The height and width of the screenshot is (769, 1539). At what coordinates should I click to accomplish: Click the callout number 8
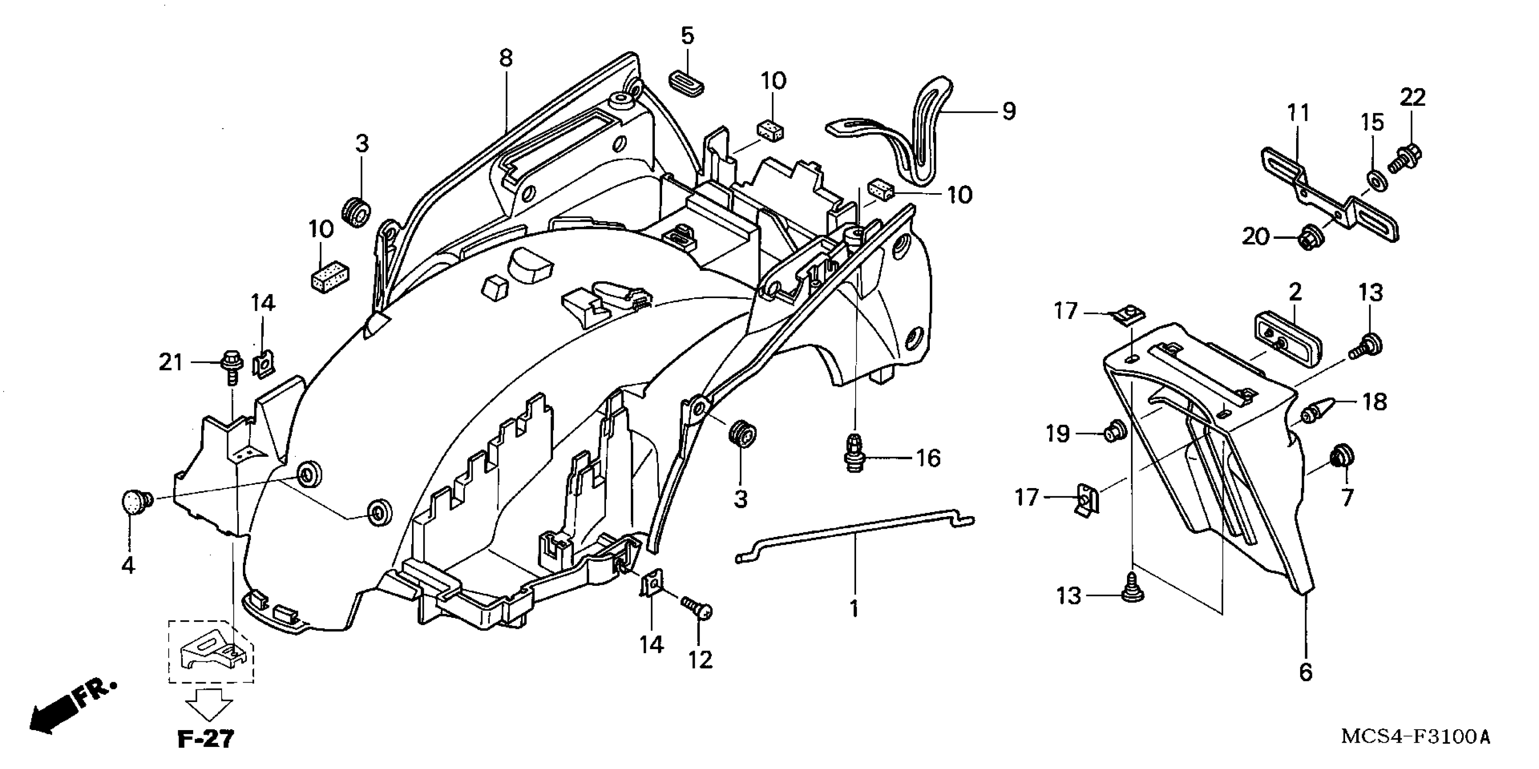(506, 58)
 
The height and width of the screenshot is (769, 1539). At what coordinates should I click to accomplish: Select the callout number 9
(1008, 111)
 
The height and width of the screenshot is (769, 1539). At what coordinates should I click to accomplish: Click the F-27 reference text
(206, 739)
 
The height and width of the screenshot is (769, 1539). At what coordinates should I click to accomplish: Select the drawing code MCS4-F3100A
(1415, 736)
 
